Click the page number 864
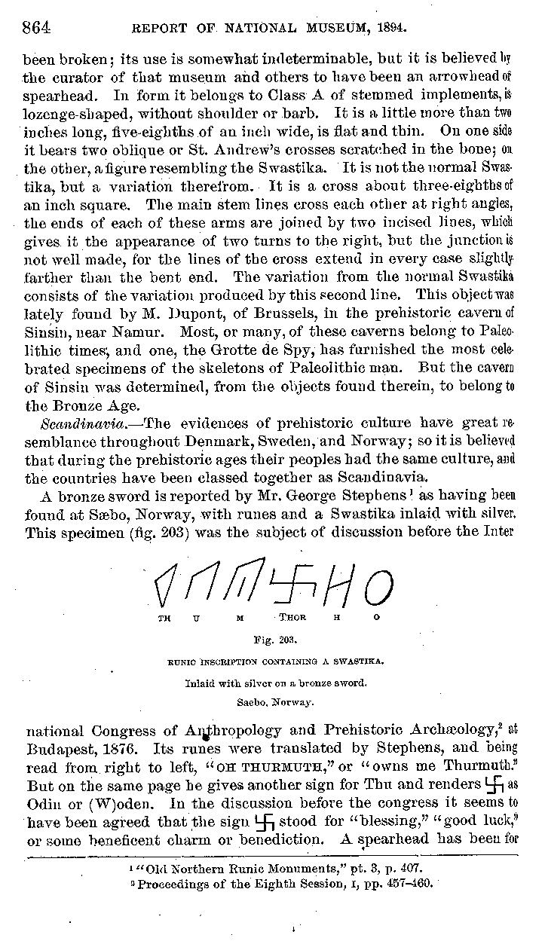click(35, 29)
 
